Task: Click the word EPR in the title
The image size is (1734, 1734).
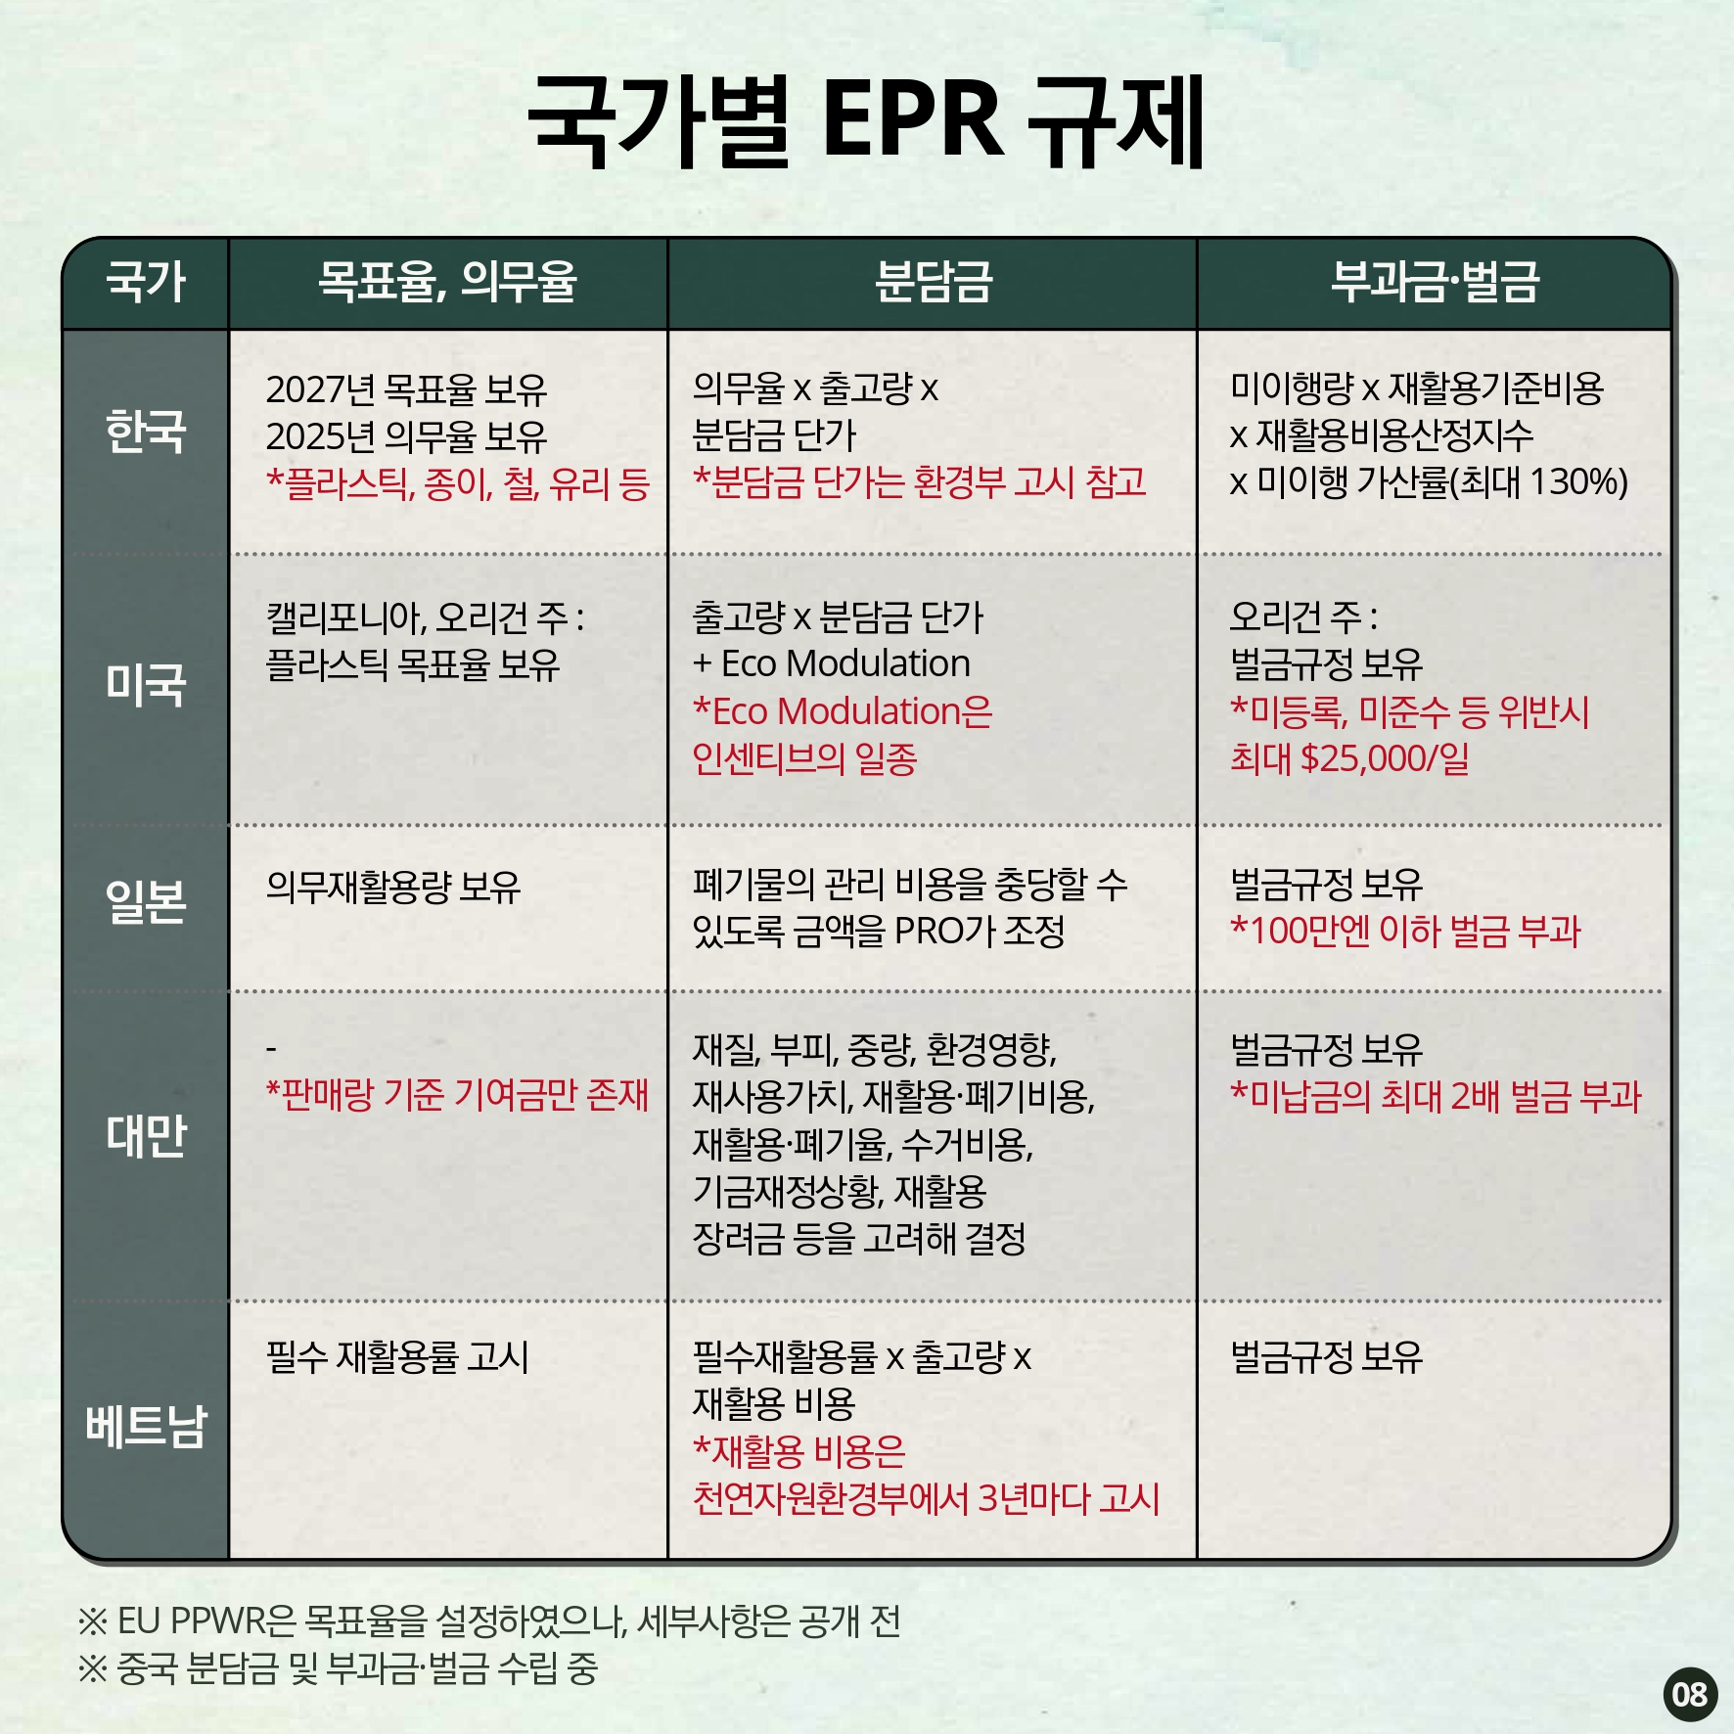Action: [913, 118]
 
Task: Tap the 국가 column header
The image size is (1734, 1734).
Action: [146, 282]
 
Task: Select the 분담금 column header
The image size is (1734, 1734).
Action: [934, 282]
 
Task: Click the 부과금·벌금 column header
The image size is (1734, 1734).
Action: [1435, 282]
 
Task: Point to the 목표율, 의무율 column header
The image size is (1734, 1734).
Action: [448, 282]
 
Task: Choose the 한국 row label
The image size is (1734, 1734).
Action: [146, 432]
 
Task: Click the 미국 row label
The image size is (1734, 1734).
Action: [146, 684]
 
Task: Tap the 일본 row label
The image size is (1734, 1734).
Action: [146, 902]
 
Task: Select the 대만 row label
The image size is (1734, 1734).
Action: [146, 1136]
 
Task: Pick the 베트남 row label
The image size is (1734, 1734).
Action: [146, 1426]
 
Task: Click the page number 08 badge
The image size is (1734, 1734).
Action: [1690, 1694]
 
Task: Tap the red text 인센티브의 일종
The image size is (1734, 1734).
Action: [804, 758]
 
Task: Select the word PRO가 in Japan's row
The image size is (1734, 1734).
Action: [945, 931]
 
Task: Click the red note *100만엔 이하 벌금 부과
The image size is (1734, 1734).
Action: [1405, 931]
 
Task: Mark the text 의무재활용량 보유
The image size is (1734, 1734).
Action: [393, 887]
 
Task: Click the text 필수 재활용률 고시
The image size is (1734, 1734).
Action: [397, 1357]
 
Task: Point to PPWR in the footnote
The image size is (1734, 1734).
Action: [216, 1621]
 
